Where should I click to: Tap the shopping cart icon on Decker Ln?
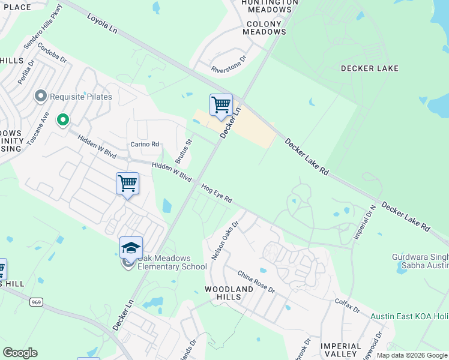[221, 105]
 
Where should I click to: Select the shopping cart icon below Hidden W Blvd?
[127, 184]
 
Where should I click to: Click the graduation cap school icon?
[131, 247]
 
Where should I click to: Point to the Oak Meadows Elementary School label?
[172, 262]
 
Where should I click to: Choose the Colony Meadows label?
[264, 28]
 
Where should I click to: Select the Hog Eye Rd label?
[217, 194]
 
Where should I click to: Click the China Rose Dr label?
[256, 281]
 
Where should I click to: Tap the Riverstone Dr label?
[229, 65]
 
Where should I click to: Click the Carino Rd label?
[145, 144]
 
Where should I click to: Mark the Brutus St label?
[183, 152]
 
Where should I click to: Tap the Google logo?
[20, 353]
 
